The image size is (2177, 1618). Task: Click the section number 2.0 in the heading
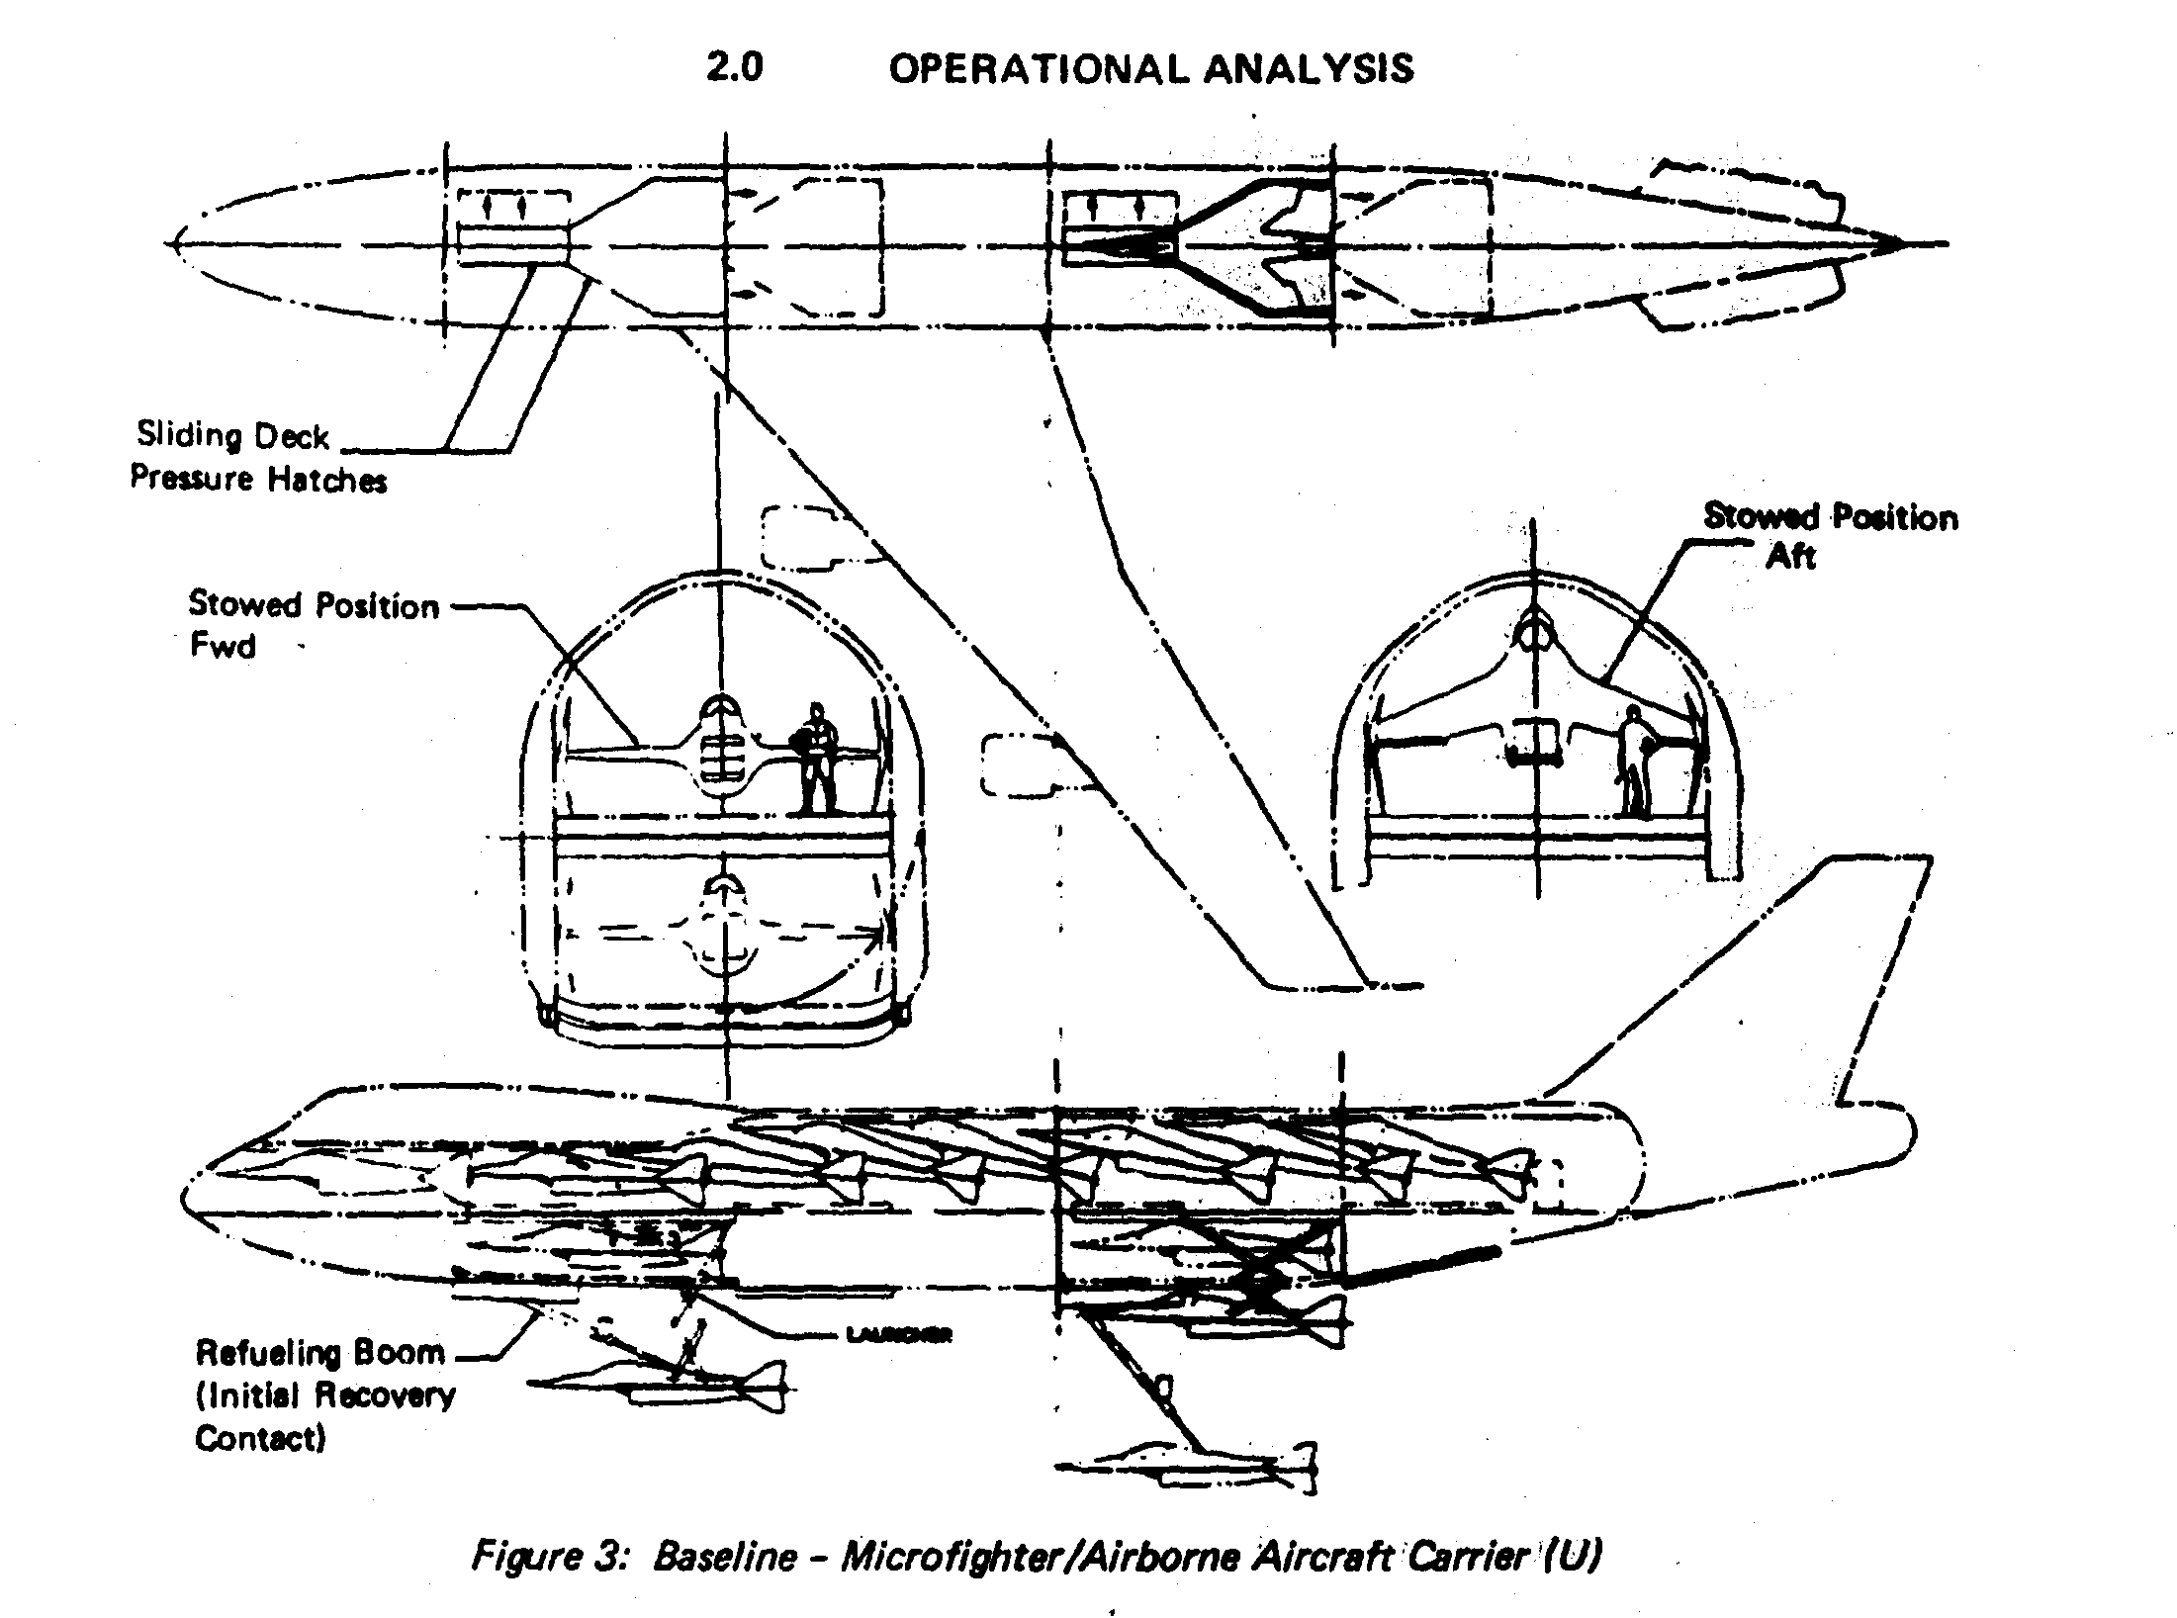(734, 68)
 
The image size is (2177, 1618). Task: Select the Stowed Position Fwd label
(312, 624)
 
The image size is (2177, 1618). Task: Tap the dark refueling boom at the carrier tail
(1424, 1265)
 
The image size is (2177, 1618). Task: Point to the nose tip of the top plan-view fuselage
(174, 243)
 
